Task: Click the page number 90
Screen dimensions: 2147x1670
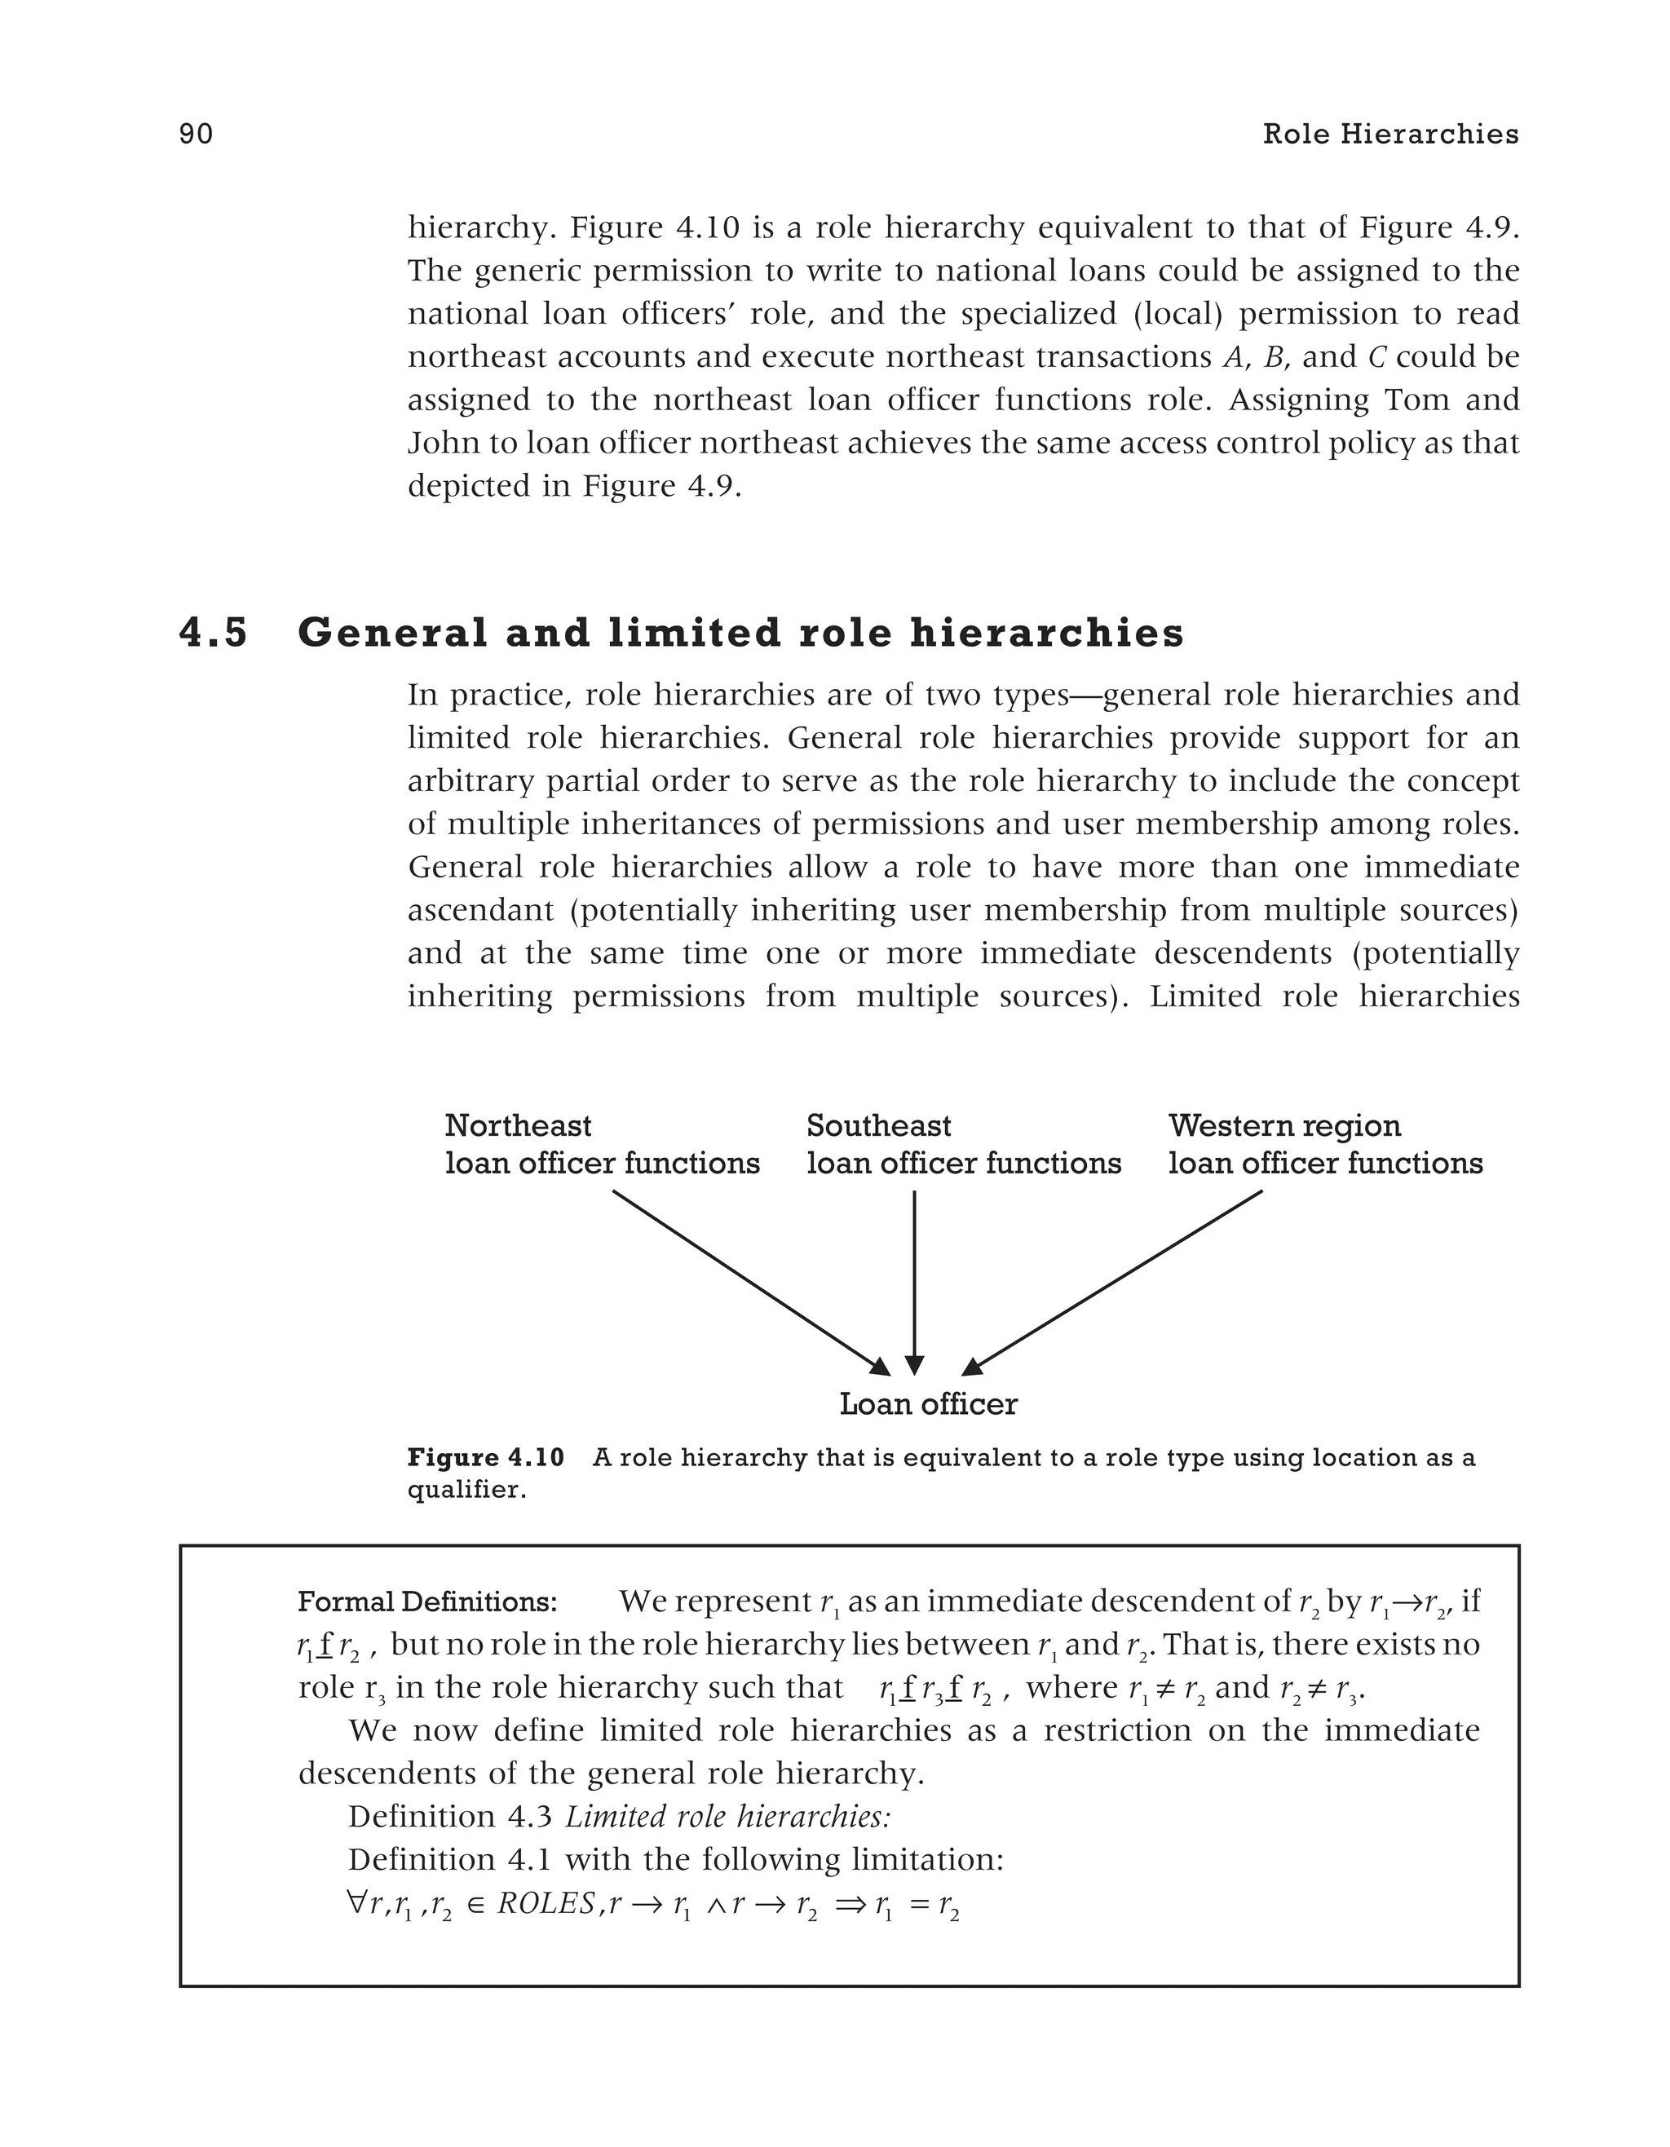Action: [196, 135]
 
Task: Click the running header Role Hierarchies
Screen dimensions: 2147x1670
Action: [1389, 135]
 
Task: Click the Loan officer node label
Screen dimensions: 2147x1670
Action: [928, 1404]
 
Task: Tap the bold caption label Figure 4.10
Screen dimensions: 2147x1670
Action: [485, 1458]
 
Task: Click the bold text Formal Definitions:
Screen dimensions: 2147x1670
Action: [427, 1602]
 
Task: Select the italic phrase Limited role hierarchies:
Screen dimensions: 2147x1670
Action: [727, 1817]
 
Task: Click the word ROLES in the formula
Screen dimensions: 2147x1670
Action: [546, 1904]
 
